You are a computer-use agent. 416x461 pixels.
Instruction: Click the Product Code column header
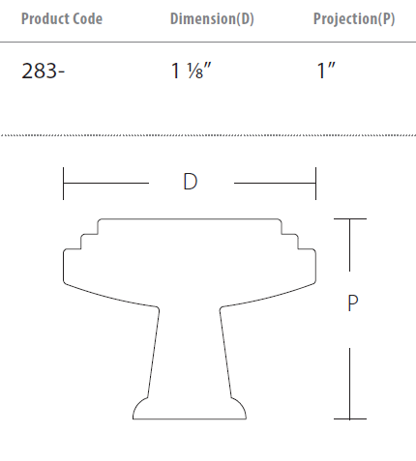61,19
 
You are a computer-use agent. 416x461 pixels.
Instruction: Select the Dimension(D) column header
212,19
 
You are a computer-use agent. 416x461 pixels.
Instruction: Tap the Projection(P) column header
354,19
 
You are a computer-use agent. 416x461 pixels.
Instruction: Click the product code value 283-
43,72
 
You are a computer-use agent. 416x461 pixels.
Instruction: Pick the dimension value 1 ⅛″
192,72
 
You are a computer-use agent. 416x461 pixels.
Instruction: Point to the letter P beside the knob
352,303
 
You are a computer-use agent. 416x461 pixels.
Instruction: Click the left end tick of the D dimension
63,183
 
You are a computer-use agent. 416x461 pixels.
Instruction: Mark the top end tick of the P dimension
350,219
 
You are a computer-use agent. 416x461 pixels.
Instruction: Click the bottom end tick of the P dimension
350,418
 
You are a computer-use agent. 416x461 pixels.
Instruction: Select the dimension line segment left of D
105,183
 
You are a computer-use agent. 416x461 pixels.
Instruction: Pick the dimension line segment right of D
275,183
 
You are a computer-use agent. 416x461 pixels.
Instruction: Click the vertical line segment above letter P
350,247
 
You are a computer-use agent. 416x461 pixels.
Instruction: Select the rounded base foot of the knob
190,410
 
